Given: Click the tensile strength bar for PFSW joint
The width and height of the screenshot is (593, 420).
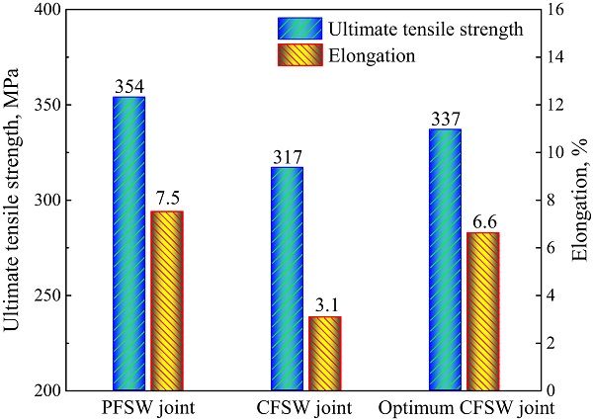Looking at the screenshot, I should (x=128, y=243).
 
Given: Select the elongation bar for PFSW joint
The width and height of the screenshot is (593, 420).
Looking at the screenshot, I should (x=166, y=300).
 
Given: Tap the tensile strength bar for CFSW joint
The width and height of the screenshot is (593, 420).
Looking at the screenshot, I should (x=287, y=279).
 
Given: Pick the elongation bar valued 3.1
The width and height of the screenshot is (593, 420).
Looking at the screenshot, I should (x=324, y=353).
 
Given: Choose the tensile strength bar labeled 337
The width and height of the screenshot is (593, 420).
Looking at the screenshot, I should (x=446, y=260).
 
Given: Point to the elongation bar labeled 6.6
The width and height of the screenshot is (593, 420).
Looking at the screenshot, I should (x=483, y=311).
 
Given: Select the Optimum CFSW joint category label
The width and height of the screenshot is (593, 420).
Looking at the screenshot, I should (x=465, y=407).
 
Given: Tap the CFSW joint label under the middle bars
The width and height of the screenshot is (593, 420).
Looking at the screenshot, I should (x=305, y=407).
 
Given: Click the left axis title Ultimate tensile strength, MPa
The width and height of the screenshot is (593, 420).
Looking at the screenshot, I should (x=13, y=201).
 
